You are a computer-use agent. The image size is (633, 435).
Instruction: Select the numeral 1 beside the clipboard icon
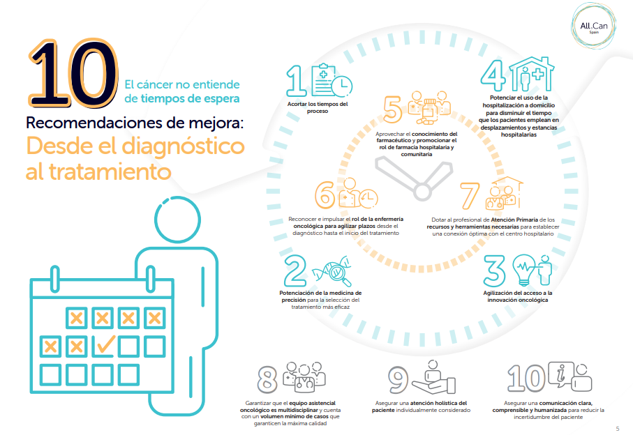[x=297, y=81]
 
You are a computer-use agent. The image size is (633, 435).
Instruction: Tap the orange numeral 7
[x=472, y=196]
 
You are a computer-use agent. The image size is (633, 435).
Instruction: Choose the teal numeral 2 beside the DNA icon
[x=296, y=270]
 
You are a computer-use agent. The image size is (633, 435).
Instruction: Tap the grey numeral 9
[x=398, y=379]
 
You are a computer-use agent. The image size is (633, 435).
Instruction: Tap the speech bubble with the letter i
[x=560, y=374]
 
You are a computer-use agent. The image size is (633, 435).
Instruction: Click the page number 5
[x=618, y=428]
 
